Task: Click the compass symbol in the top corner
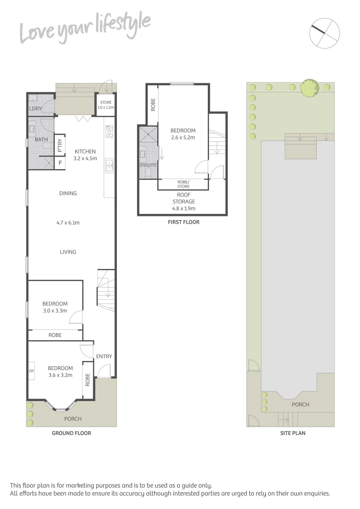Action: [x=325, y=33]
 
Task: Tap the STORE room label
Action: [x=106, y=102]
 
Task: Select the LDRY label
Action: [x=35, y=109]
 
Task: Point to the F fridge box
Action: [x=60, y=163]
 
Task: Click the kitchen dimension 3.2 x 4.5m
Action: [x=85, y=158]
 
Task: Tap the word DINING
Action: [x=68, y=193]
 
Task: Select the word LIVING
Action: [x=68, y=252]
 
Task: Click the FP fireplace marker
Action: [x=32, y=370]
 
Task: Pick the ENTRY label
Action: [x=104, y=356]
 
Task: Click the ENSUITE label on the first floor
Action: [x=148, y=165]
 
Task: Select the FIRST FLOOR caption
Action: [x=183, y=222]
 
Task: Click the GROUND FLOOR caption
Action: [x=71, y=433]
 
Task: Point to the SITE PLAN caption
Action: [x=293, y=433]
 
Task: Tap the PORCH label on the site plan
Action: [x=300, y=404]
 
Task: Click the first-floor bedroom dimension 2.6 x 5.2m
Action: [x=183, y=138]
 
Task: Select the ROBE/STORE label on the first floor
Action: [x=183, y=184]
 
